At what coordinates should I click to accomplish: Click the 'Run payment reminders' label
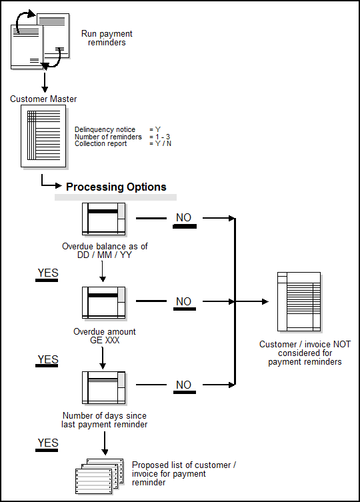(107, 38)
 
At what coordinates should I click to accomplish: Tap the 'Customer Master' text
(43, 99)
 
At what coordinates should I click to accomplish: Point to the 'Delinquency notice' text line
(105, 129)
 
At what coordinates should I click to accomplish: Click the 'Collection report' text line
(101, 144)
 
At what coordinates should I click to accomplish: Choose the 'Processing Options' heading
(116, 187)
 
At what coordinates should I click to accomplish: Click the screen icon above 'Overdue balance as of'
(103, 219)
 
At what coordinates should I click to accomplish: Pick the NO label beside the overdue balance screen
(184, 218)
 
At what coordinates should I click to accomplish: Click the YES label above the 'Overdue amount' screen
(47, 273)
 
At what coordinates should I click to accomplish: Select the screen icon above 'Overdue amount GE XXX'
(103, 303)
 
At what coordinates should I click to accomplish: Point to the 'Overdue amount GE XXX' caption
(103, 335)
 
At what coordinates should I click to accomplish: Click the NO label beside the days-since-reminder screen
(184, 385)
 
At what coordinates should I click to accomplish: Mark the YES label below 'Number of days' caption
(47, 443)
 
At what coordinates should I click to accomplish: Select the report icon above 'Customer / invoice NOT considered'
(299, 301)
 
